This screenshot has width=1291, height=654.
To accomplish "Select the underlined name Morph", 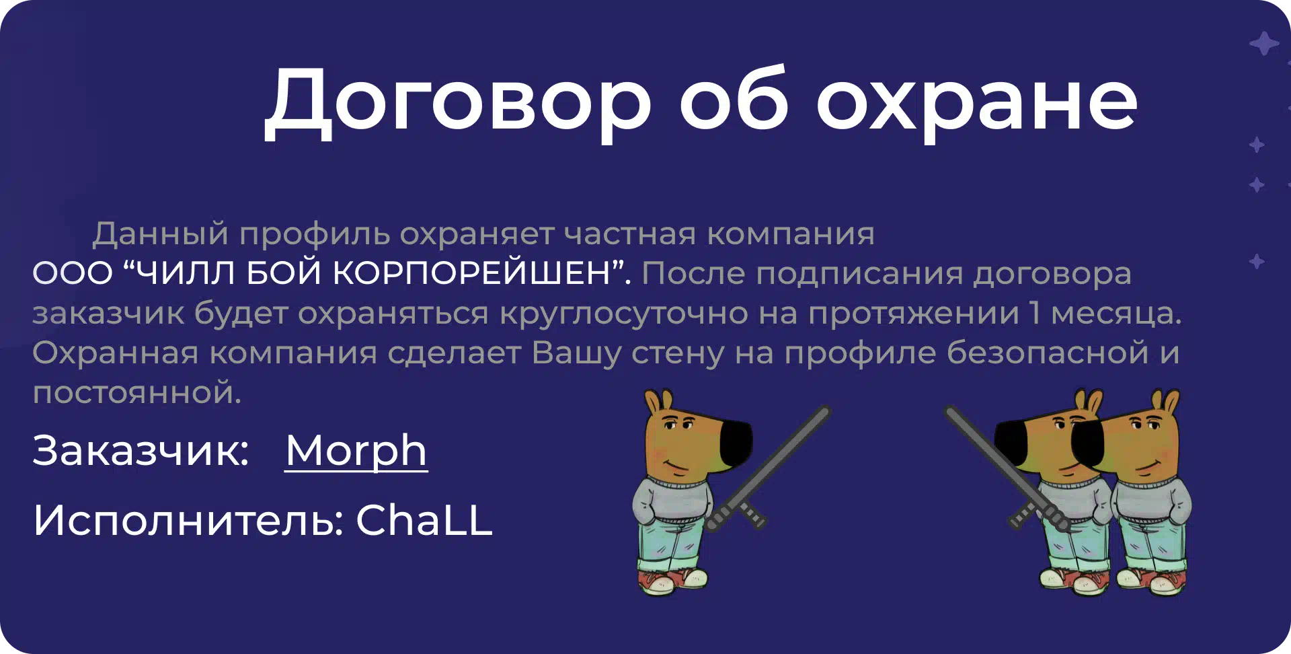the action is tap(356, 451).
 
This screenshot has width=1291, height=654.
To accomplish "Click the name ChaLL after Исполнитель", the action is tap(424, 520).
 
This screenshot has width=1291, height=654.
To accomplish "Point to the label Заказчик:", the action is tap(141, 451).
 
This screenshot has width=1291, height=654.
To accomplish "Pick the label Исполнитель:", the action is tap(189, 520).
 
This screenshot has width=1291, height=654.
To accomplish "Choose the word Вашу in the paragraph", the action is tap(576, 354).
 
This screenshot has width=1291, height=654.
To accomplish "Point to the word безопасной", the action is tap(1048, 353).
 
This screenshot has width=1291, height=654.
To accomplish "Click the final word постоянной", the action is tap(136, 393).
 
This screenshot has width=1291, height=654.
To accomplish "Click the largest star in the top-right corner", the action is tap(1264, 44).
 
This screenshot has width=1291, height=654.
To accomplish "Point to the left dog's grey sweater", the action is tap(672, 501).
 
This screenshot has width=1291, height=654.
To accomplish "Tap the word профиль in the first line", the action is tap(314, 235).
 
